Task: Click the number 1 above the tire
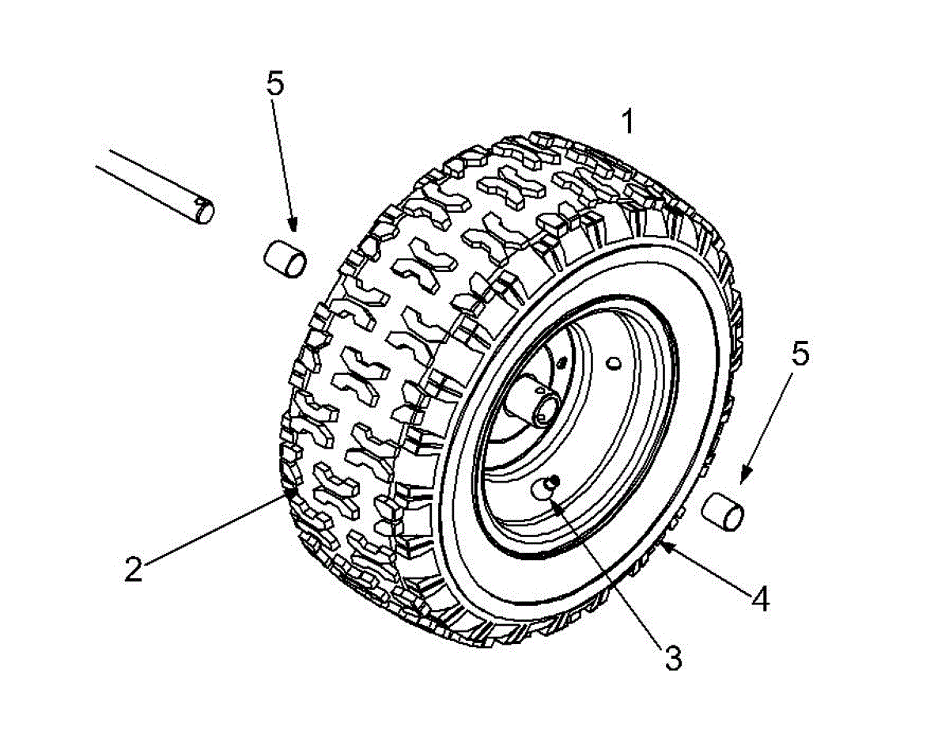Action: (628, 122)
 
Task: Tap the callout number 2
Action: (134, 569)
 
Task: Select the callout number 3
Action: (673, 658)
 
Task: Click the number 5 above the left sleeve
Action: (275, 83)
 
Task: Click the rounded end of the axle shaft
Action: (204, 211)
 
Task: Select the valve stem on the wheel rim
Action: (544, 488)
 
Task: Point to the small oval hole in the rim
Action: (614, 363)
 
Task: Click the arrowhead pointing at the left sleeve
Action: (292, 224)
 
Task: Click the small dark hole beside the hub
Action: (563, 362)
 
